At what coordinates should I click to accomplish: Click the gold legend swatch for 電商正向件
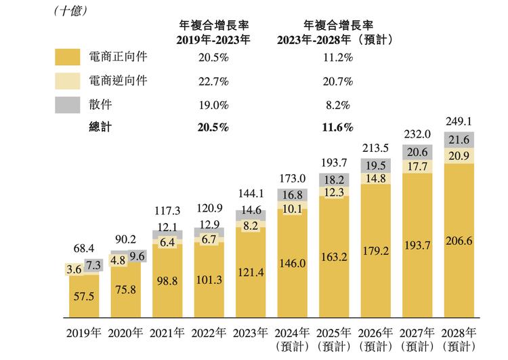coord(70,58)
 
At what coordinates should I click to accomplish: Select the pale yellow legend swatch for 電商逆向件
coord(70,81)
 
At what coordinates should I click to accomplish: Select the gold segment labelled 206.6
coord(457,240)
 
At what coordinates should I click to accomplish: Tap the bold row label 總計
coord(101,127)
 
